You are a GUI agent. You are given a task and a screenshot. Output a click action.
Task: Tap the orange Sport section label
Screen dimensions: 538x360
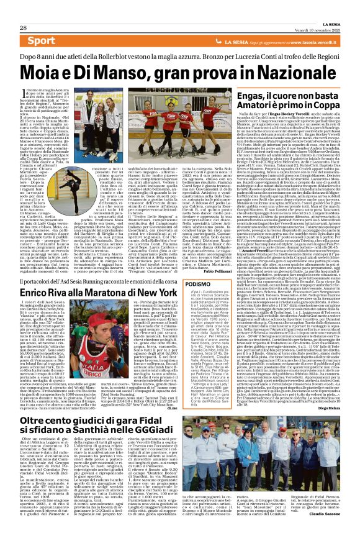(x=40, y=41)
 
